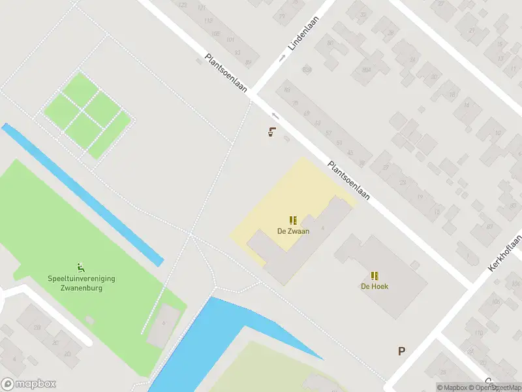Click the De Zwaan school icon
tap(293, 220)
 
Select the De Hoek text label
tap(374, 286)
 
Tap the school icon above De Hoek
tap(374, 276)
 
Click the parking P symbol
tap(402, 351)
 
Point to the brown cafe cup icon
tap(271, 131)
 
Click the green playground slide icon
tap(81, 267)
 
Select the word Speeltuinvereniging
tap(82, 278)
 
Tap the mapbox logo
tap(29, 384)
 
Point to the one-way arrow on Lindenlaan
tap(283, 58)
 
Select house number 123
tap(182, 5)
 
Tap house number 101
tap(230, 39)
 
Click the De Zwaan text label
tap(293, 231)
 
